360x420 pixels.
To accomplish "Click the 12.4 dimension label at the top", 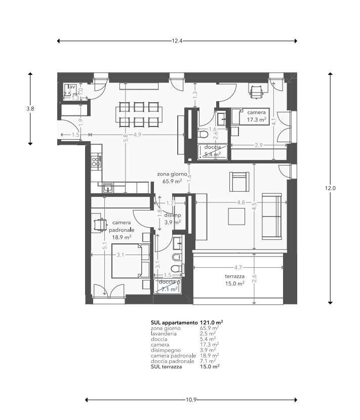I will coord(177,40).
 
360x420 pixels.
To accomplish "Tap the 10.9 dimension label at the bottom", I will coord(190,400).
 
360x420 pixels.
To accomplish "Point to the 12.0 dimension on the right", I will coord(330,188).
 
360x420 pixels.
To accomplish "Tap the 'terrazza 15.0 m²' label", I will coord(235,280).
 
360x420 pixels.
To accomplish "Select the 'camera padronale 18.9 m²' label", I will coord(122,229).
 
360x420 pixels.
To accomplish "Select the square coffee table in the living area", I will coord(236,216).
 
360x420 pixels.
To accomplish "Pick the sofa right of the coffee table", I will coord(272,216).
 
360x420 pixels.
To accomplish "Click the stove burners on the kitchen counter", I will coord(95,161).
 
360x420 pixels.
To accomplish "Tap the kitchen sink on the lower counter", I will coord(108,188).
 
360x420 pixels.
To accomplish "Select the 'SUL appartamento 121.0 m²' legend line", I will coord(187,322).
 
